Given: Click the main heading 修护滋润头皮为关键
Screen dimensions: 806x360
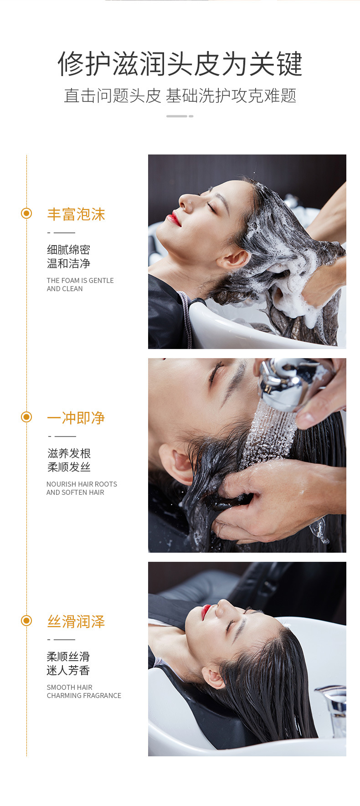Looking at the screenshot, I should pos(180,64).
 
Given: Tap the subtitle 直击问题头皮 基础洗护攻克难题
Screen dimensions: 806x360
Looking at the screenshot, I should pos(180,96).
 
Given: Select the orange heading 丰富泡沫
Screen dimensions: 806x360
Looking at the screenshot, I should pos(76,214).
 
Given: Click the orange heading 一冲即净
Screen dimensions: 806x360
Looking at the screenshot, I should pos(76,417).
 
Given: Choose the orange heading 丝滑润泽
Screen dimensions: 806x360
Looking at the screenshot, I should pos(76,621).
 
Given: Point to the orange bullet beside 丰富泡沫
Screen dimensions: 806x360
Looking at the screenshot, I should pos(26,213).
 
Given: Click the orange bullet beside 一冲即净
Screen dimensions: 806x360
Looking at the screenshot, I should pos(26,417).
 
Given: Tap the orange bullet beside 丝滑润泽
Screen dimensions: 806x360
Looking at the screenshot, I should pos(26,621).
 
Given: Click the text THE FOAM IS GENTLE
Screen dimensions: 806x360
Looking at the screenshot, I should pos(80,281).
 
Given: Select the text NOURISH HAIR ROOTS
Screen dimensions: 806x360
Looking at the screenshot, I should pos(82,484).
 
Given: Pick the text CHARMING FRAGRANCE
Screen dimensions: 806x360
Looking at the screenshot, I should pos(84,695).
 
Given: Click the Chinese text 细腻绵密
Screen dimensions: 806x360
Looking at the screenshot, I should pos(69,250).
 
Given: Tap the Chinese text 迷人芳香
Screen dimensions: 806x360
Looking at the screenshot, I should pos(68,670).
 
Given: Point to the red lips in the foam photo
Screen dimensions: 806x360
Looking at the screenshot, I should pos(174,219).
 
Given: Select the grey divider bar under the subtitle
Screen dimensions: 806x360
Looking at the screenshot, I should pos(180,116).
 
